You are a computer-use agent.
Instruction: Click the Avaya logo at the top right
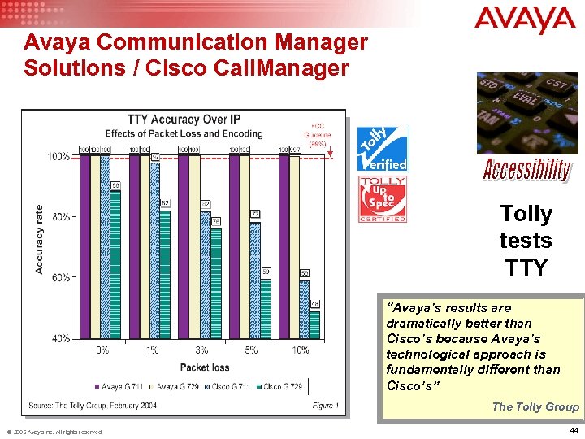[525, 20]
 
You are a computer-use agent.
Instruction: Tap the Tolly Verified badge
[383, 150]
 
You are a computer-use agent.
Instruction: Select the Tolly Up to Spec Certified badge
[383, 199]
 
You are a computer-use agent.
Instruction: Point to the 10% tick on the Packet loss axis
[301, 350]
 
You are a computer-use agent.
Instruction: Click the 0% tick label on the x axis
[102, 350]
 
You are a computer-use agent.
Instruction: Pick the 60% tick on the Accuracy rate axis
[61, 277]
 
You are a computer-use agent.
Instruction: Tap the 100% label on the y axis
[58, 156]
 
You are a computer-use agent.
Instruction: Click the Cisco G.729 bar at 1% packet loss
[165, 272]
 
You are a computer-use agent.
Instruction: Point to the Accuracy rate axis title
[39, 238]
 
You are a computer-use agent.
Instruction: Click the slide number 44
[574, 430]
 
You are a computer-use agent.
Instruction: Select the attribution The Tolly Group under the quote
[535, 406]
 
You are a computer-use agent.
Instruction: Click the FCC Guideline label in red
[317, 133]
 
